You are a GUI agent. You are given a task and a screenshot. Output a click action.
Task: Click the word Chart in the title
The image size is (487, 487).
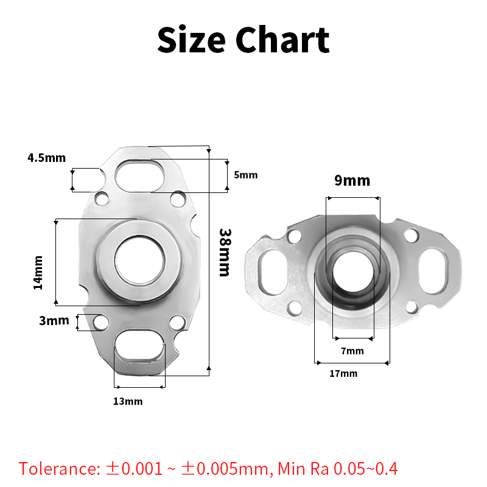coord(282,40)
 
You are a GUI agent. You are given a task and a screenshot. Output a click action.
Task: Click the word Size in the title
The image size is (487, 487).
coord(191,40)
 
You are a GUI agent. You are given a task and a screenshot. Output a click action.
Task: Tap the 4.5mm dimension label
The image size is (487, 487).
coord(47,158)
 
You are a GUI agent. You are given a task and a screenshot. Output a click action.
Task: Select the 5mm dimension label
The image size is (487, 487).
coord(246,175)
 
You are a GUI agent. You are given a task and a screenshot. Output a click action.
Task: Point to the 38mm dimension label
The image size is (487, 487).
coord(225,253)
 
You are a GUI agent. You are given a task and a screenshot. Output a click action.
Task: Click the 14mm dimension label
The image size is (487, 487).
coord(38,273)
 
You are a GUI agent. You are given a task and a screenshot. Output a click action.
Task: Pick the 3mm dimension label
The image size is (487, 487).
coord(54,320)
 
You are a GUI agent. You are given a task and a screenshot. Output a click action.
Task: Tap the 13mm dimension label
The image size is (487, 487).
coord(128,401)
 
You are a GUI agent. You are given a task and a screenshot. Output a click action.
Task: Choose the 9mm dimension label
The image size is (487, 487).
coord(352,180)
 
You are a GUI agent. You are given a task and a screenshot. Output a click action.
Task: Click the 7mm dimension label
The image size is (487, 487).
coord(352,351)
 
